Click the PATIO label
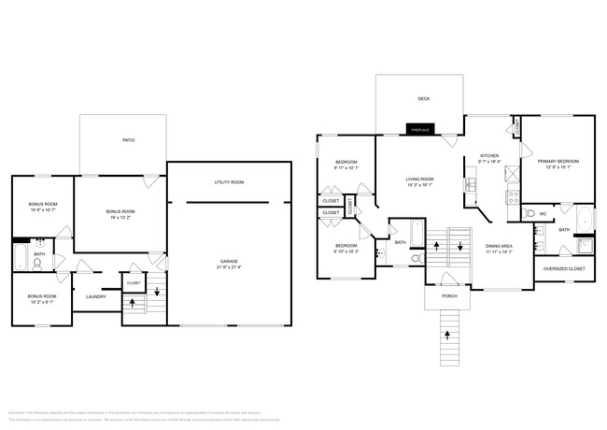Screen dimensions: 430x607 pyautogui.click(x=129, y=140)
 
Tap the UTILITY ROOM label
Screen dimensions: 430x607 pyautogui.click(x=229, y=182)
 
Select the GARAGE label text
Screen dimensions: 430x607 pyautogui.click(x=229, y=264)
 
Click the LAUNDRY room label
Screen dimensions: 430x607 pyautogui.click(x=96, y=297)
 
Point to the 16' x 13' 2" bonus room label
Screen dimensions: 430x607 pyautogui.click(x=120, y=214)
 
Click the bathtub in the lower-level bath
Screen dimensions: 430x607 pyautogui.click(x=20, y=256)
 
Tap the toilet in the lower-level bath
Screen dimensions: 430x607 pyautogui.click(x=37, y=264)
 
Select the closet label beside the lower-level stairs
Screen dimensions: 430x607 pyautogui.click(x=134, y=282)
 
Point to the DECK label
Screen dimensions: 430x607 pyautogui.click(x=424, y=98)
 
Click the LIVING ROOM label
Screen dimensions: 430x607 pyautogui.click(x=419, y=181)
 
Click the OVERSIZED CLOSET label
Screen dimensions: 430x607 pyautogui.click(x=563, y=269)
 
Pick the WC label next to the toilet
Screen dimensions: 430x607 pyautogui.click(x=543, y=213)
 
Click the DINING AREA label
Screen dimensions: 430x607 pyautogui.click(x=500, y=249)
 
